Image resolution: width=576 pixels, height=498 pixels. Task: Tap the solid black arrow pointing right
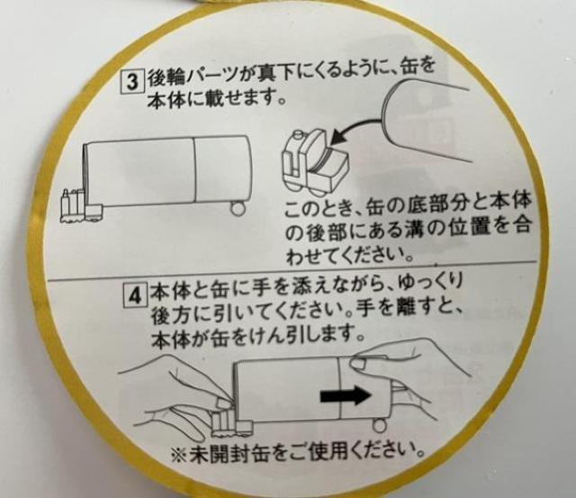click(346, 396)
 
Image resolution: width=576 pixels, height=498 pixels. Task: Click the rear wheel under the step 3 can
click(237, 208)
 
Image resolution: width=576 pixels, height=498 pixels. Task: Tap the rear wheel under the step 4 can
click(379, 426)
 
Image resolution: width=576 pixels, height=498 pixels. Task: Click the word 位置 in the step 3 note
click(468, 228)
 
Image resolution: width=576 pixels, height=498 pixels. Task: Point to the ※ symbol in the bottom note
click(180, 456)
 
